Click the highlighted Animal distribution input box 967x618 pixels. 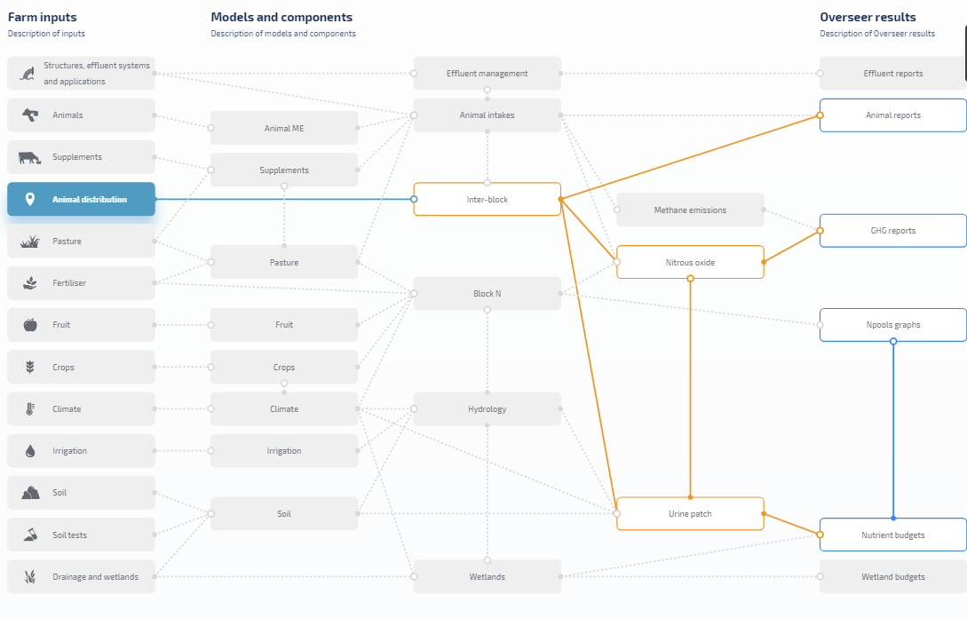pos(81,199)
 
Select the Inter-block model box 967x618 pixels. pos(487,199)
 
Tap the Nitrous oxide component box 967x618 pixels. pos(690,262)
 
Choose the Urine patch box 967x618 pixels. pos(690,514)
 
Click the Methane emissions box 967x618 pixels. pos(690,210)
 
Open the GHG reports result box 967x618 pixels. pos(893,231)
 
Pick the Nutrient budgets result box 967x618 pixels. pos(893,535)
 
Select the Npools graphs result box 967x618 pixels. pos(893,325)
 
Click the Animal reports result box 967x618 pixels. pos(893,115)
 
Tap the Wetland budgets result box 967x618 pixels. pos(893,576)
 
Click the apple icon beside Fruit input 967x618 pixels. pos(30,324)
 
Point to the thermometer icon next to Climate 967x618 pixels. pos(30,409)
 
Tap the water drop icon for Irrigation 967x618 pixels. pos(30,451)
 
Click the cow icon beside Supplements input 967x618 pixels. pos(29,158)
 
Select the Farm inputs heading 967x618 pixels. pos(43,17)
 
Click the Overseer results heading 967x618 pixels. pos(868,17)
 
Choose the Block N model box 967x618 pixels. pos(487,294)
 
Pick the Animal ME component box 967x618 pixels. pos(284,128)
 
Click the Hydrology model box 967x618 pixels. pos(487,409)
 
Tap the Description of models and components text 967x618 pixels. pos(283,34)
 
